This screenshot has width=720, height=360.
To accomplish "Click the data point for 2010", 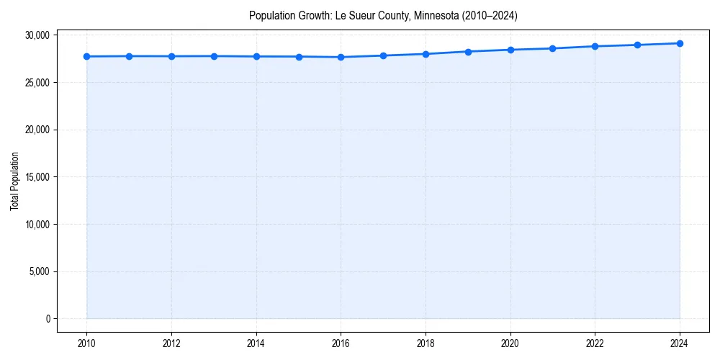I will [86, 56].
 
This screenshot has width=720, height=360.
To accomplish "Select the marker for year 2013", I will [214, 56].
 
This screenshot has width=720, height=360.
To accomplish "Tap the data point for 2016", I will [341, 57].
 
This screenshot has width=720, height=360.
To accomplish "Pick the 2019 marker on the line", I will [468, 51].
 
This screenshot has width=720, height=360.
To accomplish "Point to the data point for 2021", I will [552, 48].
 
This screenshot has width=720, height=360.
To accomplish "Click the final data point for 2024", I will [680, 43].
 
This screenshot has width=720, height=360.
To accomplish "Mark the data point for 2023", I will [637, 45].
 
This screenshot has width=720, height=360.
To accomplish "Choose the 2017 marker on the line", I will [383, 55].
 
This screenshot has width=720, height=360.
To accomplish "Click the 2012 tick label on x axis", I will [171, 343].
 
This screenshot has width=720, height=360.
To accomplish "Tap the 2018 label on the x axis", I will [426, 343].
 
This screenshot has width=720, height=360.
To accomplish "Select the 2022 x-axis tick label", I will [595, 343].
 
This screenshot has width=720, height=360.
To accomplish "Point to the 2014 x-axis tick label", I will [256, 343].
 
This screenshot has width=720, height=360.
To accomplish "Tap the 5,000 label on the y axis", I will [40, 271].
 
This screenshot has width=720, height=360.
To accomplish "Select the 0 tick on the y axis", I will [48, 319].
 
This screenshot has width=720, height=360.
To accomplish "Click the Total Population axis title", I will [14, 181].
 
